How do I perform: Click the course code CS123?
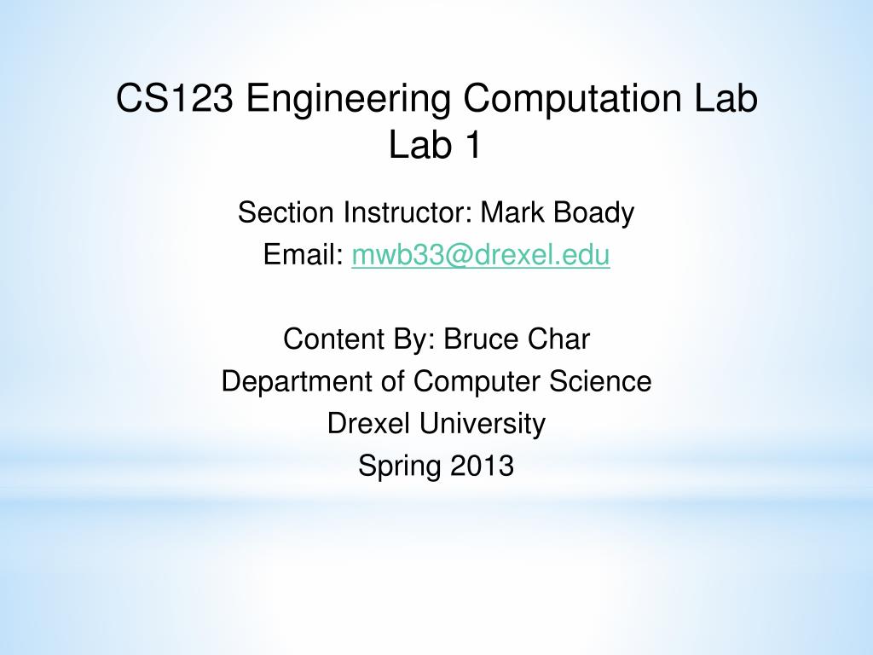[174, 98]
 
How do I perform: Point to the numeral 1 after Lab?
[472, 145]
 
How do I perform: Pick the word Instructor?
[408, 212]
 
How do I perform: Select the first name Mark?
[512, 212]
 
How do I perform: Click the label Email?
[304, 254]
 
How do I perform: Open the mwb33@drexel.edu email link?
[481, 255]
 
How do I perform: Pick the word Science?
[600, 381]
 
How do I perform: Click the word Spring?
[399, 467]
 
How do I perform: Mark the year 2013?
[482, 465]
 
